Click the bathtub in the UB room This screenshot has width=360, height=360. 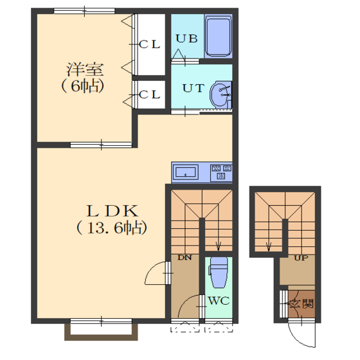219,37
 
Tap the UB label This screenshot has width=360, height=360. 186,39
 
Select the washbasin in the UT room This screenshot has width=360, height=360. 221,95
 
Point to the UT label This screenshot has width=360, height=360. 193,88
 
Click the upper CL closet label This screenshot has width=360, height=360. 149,44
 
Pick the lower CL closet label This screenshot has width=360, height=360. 149,94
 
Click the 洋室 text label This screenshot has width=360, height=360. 85,69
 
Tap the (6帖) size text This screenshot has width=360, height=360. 83,86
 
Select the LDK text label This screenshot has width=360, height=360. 113,211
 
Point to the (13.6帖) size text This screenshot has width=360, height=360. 112,228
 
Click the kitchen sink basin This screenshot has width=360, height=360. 186,172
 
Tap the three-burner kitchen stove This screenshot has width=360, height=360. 221,172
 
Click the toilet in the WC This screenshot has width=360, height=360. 218,273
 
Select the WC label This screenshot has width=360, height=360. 219,301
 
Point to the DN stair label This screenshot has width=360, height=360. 185,258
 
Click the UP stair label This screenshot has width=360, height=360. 301,258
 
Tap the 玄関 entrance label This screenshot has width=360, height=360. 301,304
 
